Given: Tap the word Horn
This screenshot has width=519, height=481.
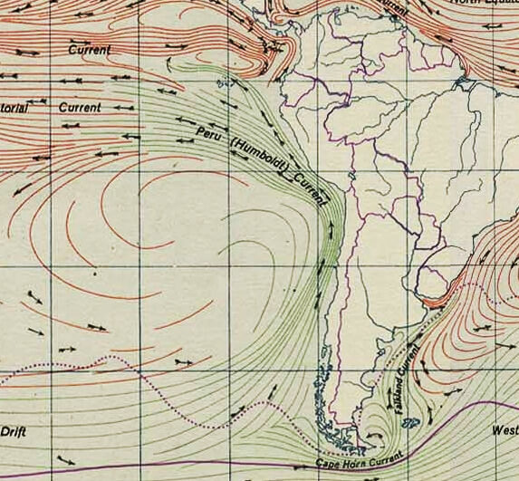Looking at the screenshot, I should tap(354, 462).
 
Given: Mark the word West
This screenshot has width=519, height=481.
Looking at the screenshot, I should tap(505, 430).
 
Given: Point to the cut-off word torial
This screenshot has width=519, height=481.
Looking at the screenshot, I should tap(14, 109).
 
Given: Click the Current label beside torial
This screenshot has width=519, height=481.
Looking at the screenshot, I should tap(80, 107).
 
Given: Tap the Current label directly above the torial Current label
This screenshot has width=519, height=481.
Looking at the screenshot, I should tap(89, 50).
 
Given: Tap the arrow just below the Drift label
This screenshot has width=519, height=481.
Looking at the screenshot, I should tap(63, 458).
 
